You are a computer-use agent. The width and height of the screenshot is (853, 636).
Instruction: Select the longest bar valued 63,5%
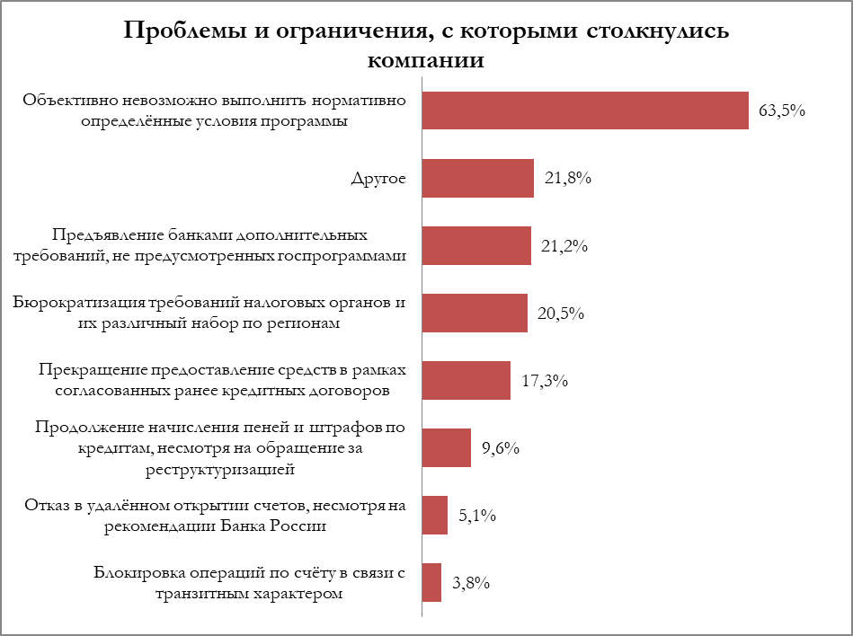[585, 110]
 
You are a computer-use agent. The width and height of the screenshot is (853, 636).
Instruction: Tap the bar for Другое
[477, 178]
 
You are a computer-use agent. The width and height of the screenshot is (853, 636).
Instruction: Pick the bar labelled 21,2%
[476, 245]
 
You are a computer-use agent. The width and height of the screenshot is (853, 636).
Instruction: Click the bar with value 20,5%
[475, 313]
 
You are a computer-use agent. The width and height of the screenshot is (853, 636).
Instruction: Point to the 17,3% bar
[466, 380]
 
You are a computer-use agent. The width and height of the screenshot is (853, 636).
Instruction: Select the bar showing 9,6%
[446, 447]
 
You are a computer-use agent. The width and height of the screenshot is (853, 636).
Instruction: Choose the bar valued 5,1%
[435, 515]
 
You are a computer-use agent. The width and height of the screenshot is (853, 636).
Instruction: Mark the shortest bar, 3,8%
[431, 582]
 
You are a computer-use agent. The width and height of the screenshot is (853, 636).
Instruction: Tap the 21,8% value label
[567, 179]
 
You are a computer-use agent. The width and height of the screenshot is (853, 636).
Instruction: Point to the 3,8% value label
[470, 583]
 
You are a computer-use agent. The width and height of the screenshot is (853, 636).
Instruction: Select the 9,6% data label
[501, 448]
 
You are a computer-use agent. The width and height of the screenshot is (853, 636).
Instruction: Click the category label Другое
[378, 178]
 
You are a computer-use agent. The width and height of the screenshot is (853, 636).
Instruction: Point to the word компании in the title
[426, 61]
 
